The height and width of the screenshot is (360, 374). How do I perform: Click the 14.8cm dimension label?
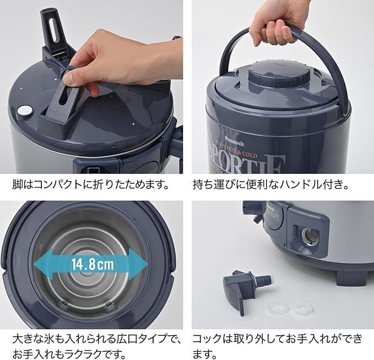tap(91, 264)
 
